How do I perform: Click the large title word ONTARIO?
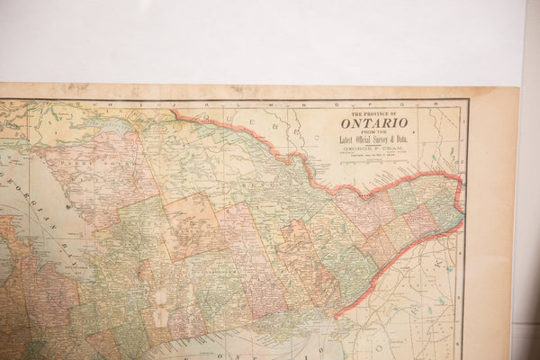(x=373, y=122)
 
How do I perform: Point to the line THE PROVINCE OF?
(x=373, y=113)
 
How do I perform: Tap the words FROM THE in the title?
(x=373, y=130)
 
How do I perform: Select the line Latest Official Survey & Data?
(x=373, y=138)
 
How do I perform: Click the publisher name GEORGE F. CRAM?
(x=373, y=148)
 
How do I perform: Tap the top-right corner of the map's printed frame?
(x=467, y=101)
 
